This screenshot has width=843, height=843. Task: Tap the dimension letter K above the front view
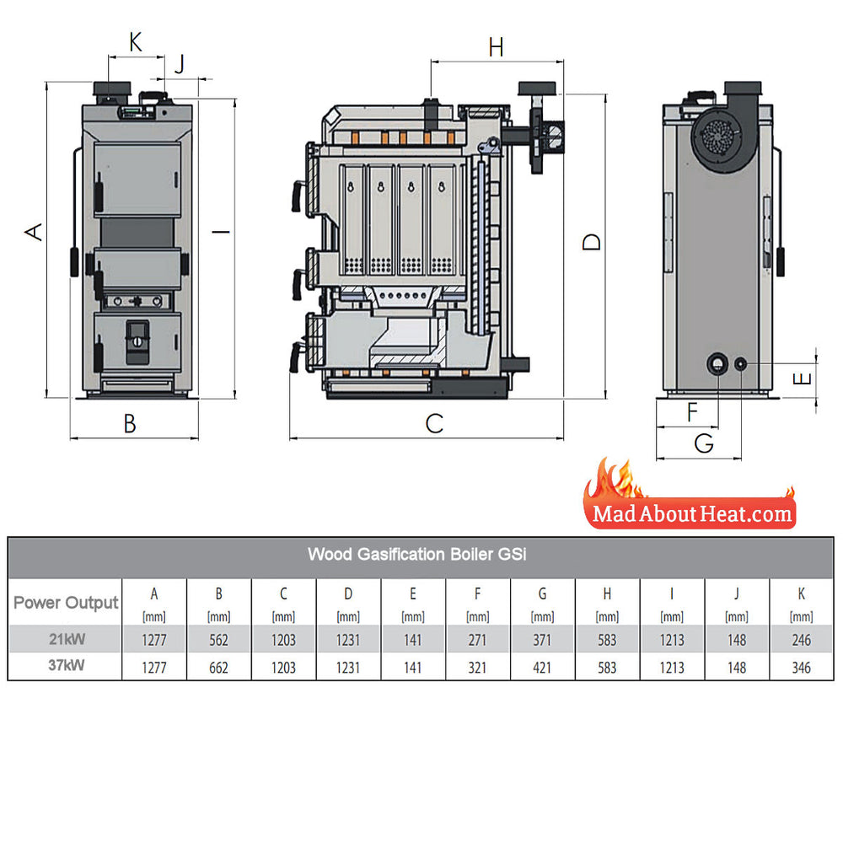coord(136,42)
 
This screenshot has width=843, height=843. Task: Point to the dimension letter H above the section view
coord(496,48)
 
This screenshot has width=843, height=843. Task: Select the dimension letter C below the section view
coord(433,423)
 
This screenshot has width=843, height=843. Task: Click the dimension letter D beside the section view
coord(593,242)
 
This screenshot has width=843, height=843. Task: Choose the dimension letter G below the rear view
coord(703,443)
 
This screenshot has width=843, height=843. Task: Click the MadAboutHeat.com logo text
coord(691,513)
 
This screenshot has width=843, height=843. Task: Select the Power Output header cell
coord(66,603)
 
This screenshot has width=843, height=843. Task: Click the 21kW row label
coord(66,639)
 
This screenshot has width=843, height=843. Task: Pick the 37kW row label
coord(66,667)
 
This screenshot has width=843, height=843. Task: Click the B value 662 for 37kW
coord(218,668)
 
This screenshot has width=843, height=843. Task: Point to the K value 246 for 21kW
coord(801,640)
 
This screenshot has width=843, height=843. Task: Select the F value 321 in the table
coord(477,668)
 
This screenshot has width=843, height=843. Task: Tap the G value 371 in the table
coord(542,640)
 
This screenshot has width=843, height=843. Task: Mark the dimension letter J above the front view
coord(178,62)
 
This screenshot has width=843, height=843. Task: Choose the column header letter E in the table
coord(412,594)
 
